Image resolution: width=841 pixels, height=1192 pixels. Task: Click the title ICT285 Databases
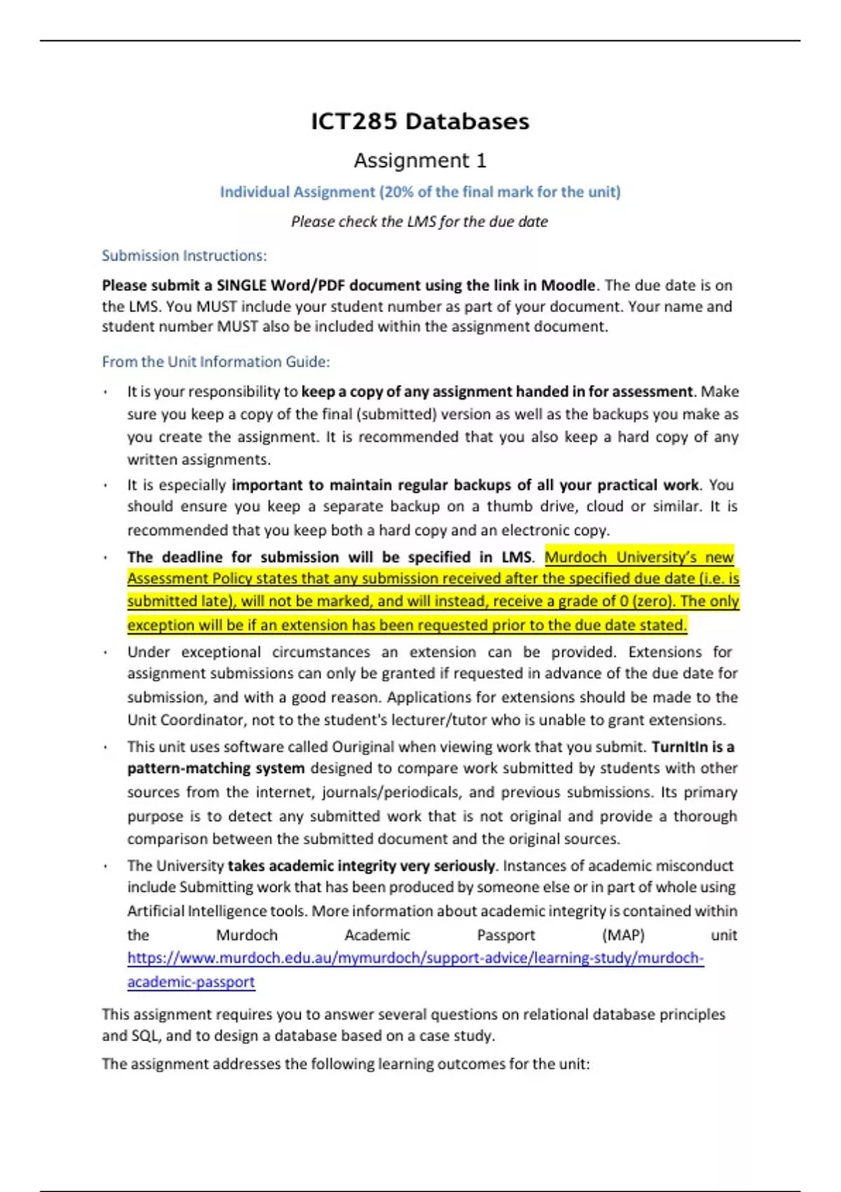(420, 121)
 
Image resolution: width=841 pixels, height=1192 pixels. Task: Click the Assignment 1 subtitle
(420, 161)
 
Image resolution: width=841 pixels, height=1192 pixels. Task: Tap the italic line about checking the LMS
(420, 222)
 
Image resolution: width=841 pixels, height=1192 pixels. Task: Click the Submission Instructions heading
(184, 256)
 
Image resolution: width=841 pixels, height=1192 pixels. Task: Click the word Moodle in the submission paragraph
(568, 285)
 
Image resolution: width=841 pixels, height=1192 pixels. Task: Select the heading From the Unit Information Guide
(216, 362)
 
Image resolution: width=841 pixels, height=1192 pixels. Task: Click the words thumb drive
(531, 506)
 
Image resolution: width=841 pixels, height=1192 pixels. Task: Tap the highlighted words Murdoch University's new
(638, 557)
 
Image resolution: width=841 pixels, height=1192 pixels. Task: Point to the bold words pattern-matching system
(216, 768)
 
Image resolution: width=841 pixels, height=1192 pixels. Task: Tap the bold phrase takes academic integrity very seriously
(362, 866)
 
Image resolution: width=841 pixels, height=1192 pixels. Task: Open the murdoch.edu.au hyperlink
(415, 959)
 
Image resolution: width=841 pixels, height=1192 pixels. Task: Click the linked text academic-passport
(191, 982)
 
